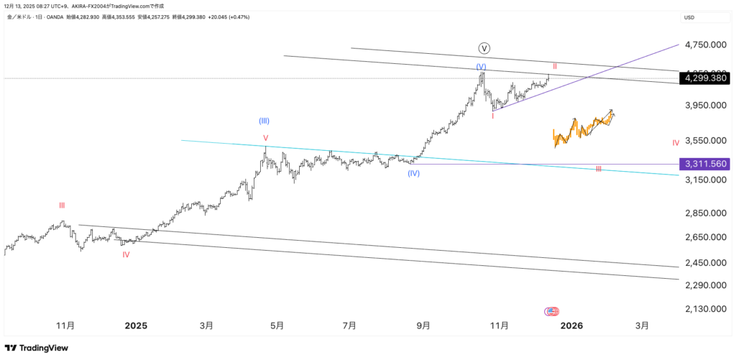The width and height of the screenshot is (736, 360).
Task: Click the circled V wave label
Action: click(x=484, y=48)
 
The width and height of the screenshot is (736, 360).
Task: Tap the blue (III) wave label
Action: click(x=264, y=121)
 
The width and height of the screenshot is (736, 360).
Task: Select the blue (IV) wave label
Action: click(x=413, y=173)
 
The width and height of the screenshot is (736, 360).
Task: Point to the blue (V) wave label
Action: click(x=481, y=67)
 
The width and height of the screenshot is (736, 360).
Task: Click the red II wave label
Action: click(x=555, y=65)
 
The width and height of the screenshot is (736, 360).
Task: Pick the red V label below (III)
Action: click(x=265, y=138)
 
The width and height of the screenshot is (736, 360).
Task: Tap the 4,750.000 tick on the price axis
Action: click(x=704, y=45)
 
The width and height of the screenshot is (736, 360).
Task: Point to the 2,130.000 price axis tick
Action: click(x=704, y=309)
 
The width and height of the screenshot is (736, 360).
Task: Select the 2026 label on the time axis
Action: click(x=571, y=326)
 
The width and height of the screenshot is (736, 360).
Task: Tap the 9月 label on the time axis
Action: click(x=423, y=326)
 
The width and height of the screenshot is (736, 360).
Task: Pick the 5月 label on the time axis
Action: click(x=277, y=326)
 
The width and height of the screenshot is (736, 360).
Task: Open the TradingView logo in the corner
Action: click(x=38, y=348)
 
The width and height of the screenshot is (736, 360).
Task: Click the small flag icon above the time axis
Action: click(x=552, y=311)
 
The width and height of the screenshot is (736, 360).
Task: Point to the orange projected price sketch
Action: click(x=582, y=128)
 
